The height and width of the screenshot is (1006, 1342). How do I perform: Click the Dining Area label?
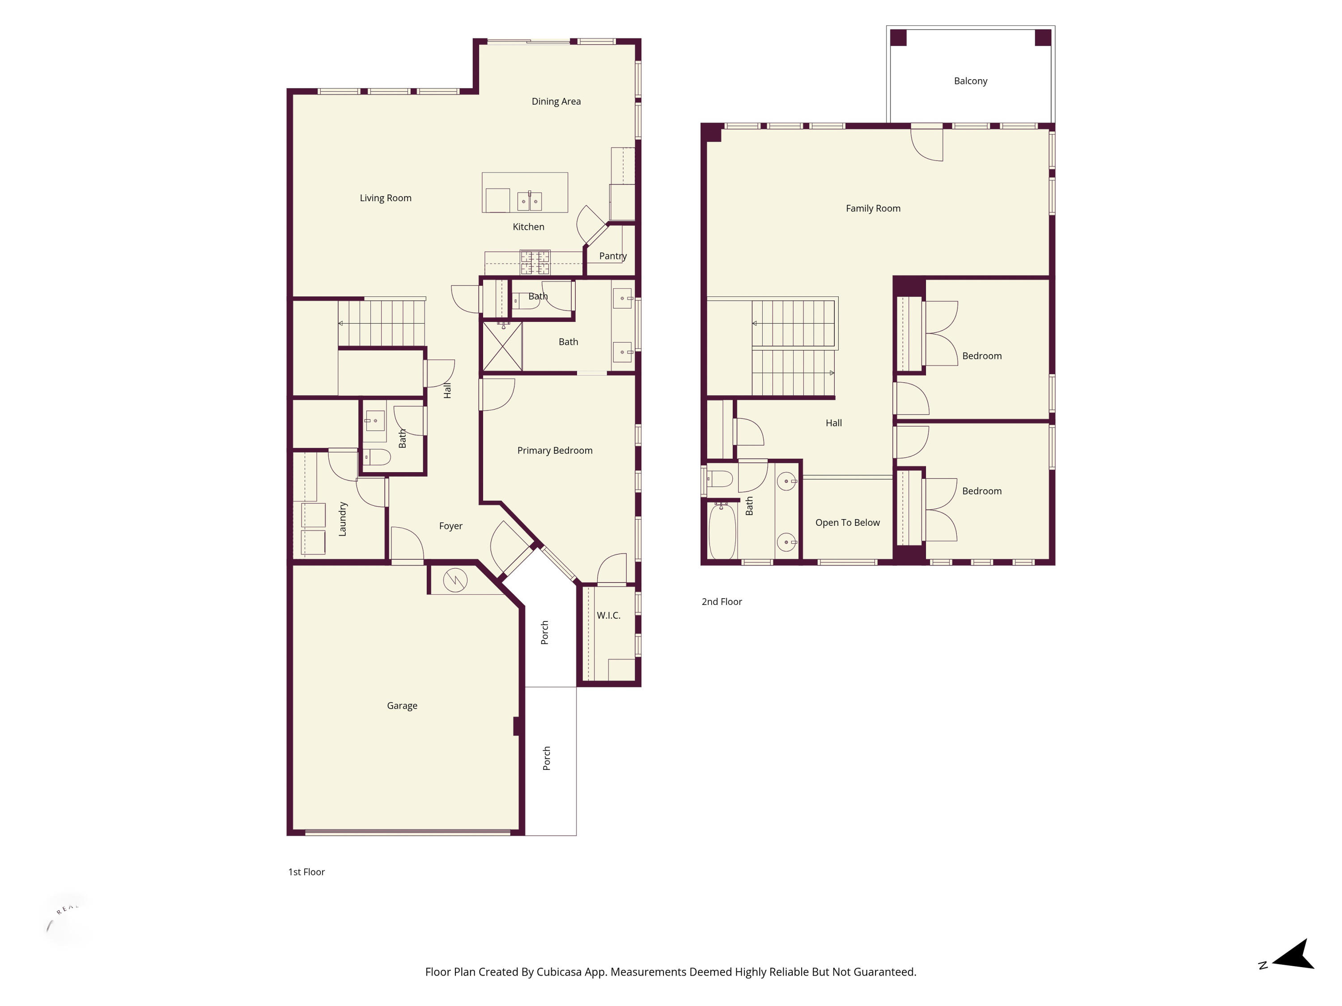click(556, 101)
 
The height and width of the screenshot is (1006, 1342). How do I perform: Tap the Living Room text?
click(385, 198)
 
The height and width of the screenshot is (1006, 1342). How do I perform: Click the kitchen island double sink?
click(529, 201)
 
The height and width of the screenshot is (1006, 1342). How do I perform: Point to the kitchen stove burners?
click(535, 262)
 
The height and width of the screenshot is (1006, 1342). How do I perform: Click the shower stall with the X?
click(502, 346)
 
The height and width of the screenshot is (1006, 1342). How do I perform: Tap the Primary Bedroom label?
click(555, 450)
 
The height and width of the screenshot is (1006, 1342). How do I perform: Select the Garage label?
click(402, 705)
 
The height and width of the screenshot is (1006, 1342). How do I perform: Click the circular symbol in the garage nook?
click(455, 580)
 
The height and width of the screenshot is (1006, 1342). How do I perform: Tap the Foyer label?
click(450, 526)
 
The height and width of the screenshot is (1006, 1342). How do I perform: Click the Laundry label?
click(342, 519)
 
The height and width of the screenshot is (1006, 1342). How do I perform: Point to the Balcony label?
click(970, 80)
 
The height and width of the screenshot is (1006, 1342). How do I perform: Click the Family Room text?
click(872, 208)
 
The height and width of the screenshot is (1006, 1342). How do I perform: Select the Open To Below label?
click(847, 522)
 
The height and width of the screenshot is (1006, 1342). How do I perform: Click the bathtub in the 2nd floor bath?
click(722, 531)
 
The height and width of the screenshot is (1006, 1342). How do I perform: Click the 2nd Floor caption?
click(722, 601)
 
